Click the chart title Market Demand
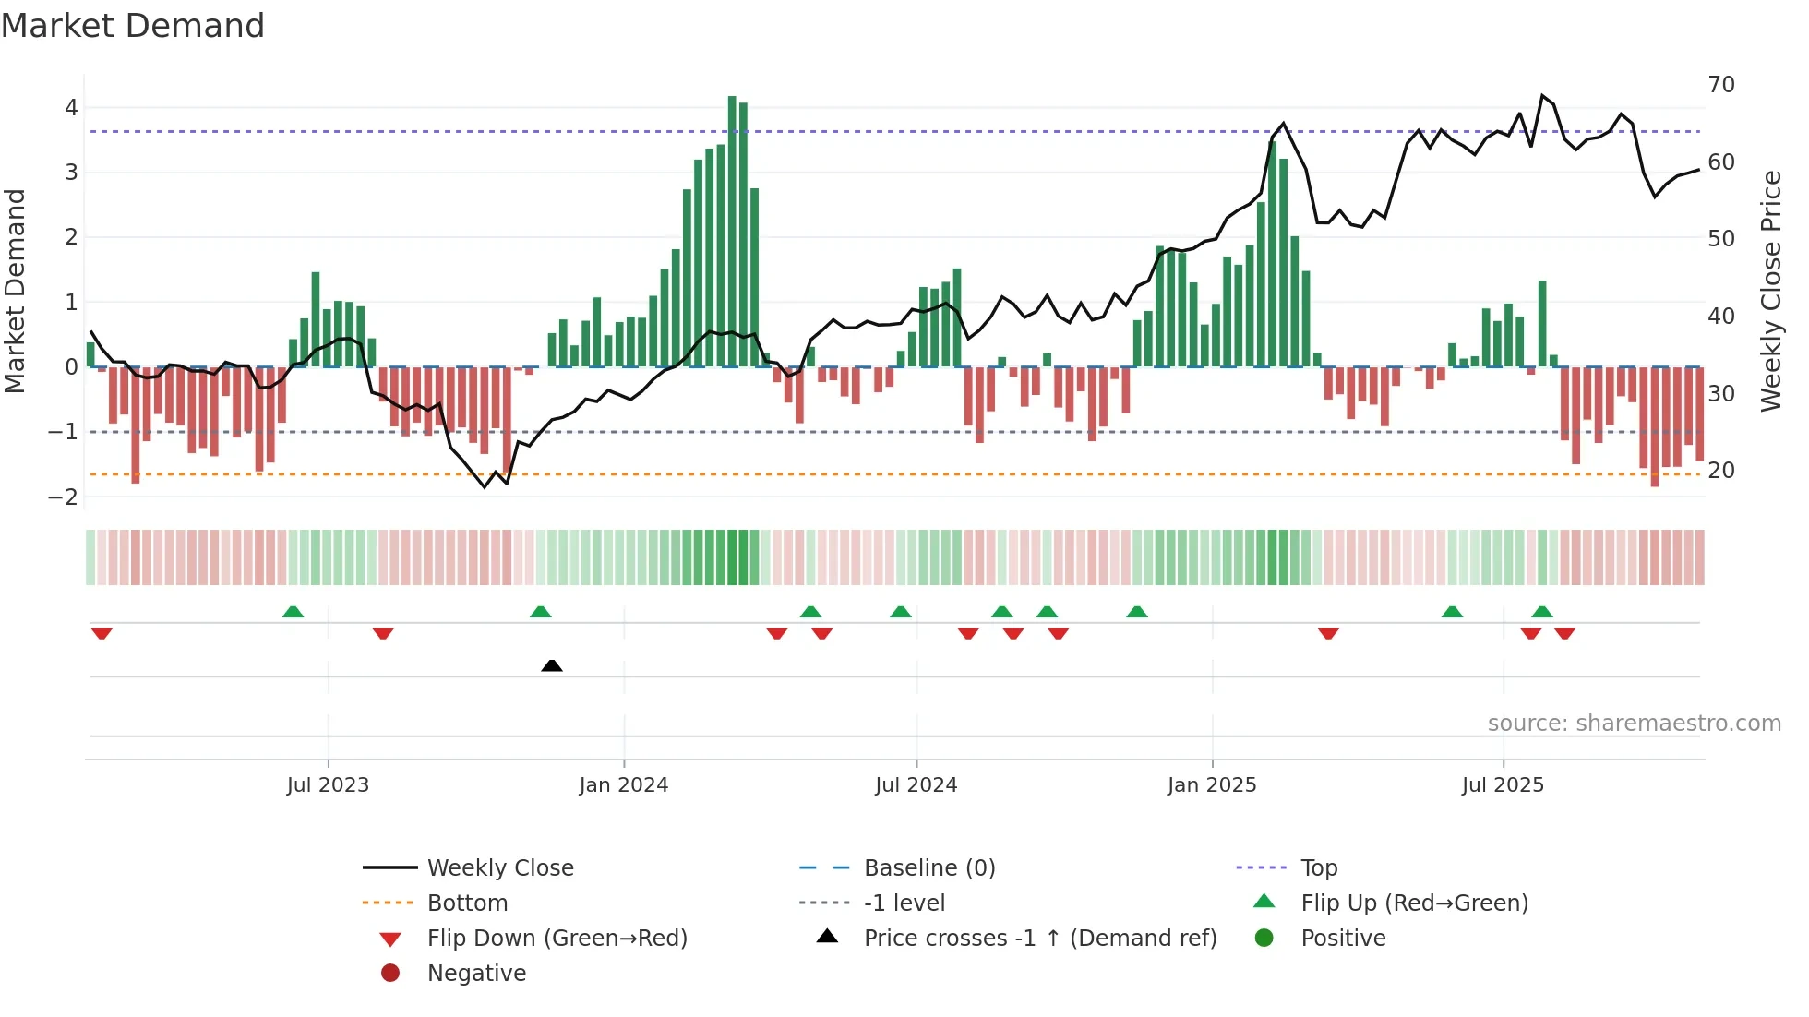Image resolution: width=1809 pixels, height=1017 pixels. (x=133, y=26)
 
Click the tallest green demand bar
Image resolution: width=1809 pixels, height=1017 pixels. (x=732, y=231)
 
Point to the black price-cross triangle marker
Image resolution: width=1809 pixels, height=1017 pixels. (x=552, y=665)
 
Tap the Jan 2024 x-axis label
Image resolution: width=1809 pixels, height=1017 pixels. (x=623, y=785)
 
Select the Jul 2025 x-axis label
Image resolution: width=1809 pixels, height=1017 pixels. (x=1503, y=785)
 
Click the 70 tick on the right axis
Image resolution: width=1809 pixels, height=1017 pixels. (x=1721, y=85)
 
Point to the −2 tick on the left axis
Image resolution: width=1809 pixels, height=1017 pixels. (x=64, y=497)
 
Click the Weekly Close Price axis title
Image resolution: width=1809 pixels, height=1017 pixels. (x=1770, y=291)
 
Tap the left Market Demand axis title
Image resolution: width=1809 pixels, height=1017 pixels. (x=15, y=291)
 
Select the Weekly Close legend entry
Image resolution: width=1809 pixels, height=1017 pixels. (x=499, y=868)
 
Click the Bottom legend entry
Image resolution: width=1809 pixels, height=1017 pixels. (x=467, y=903)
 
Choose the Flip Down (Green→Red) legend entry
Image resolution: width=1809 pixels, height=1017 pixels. (x=557, y=939)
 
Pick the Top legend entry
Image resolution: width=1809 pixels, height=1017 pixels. (x=1319, y=868)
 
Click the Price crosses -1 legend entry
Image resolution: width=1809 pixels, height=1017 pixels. (x=1039, y=939)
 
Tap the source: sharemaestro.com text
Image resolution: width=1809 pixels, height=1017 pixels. (x=1634, y=724)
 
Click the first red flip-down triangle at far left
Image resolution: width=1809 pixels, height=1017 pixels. (x=102, y=633)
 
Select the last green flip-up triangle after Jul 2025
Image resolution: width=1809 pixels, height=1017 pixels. (x=1542, y=612)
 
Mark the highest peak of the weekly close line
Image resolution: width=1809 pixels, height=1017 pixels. (x=1542, y=96)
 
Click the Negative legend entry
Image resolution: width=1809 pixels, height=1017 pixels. (x=476, y=974)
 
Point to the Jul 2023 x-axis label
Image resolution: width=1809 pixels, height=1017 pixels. (x=328, y=785)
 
